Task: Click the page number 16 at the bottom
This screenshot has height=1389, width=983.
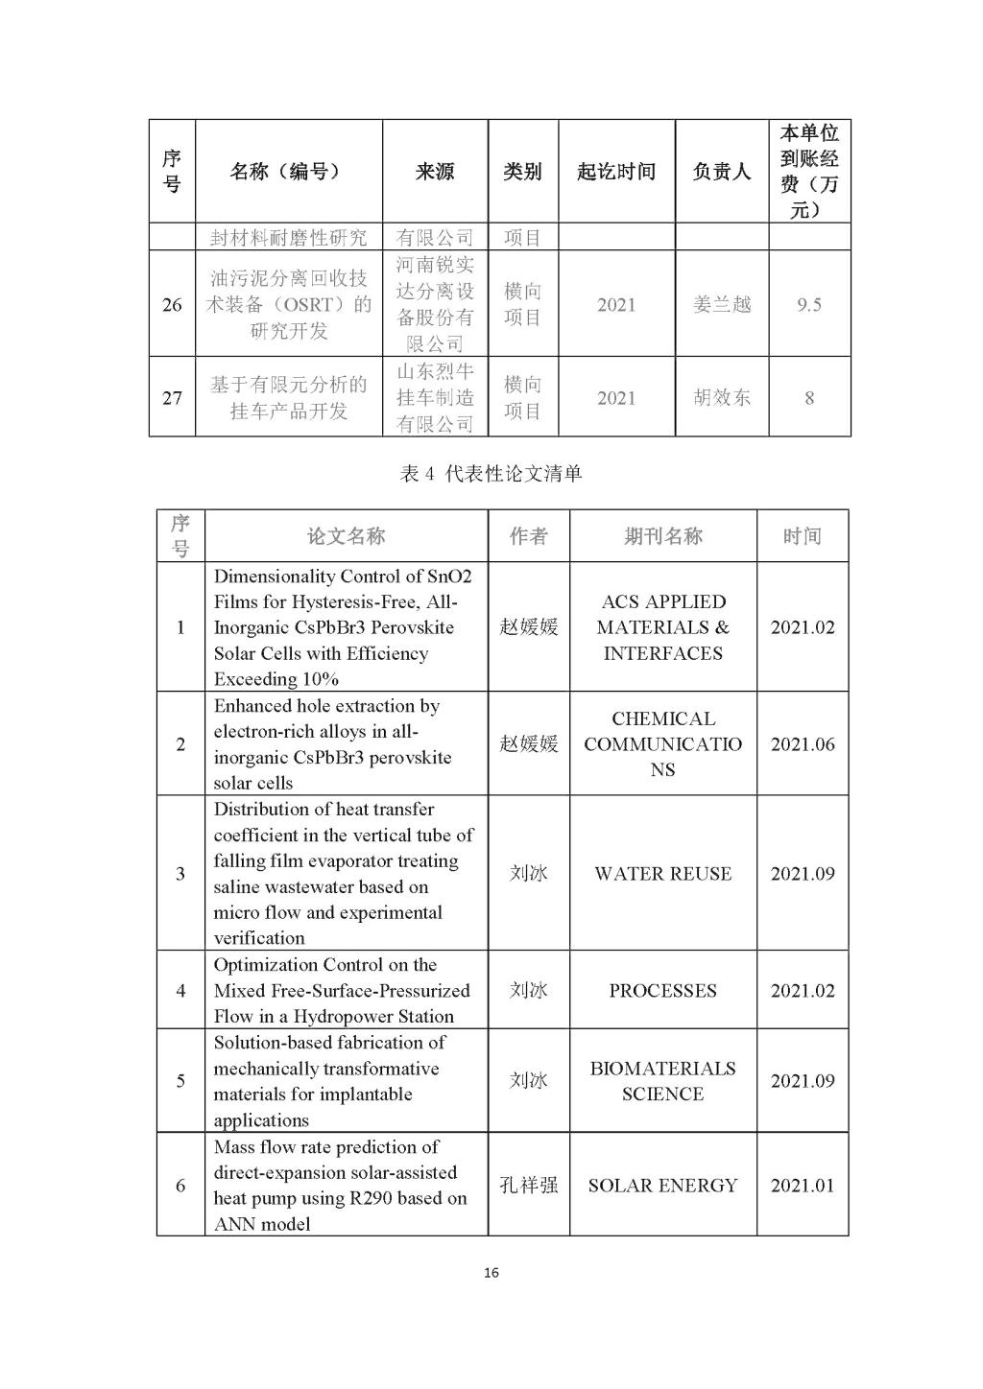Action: pyautogui.click(x=491, y=1273)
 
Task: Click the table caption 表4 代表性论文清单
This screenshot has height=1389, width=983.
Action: pyautogui.click(x=491, y=474)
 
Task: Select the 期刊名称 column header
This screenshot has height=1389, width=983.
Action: pyautogui.click(x=662, y=536)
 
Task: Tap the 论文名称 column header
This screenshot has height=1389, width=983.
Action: pyautogui.click(x=346, y=536)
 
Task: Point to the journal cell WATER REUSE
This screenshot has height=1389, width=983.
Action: pyautogui.click(x=662, y=874)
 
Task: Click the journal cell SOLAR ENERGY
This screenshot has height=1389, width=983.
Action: pyautogui.click(x=662, y=1186)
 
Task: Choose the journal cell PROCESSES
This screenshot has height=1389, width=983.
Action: pyautogui.click(x=662, y=991)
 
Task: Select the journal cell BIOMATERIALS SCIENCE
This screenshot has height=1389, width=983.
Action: pyautogui.click(x=662, y=1081)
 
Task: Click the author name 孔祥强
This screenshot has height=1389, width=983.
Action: pyautogui.click(x=528, y=1186)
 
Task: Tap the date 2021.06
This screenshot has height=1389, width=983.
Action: pyautogui.click(x=803, y=744)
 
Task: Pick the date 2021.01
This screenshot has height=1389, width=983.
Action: pyautogui.click(x=803, y=1186)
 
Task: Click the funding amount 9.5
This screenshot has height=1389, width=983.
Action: pyautogui.click(x=809, y=305)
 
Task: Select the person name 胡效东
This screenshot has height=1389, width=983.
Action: pyautogui.click(x=722, y=397)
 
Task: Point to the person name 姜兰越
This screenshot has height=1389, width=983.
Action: pyautogui.click(x=722, y=305)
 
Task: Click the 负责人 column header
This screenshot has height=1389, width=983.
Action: pyautogui.click(x=722, y=172)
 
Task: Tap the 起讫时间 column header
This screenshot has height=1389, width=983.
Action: pyautogui.click(x=616, y=172)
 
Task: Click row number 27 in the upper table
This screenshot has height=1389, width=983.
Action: pyautogui.click(x=172, y=397)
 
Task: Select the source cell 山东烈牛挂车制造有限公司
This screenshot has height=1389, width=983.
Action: pyautogui.click(x=435, y=397)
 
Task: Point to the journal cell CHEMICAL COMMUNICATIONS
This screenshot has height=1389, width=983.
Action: pyautogui.click(x=662, y=744)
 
